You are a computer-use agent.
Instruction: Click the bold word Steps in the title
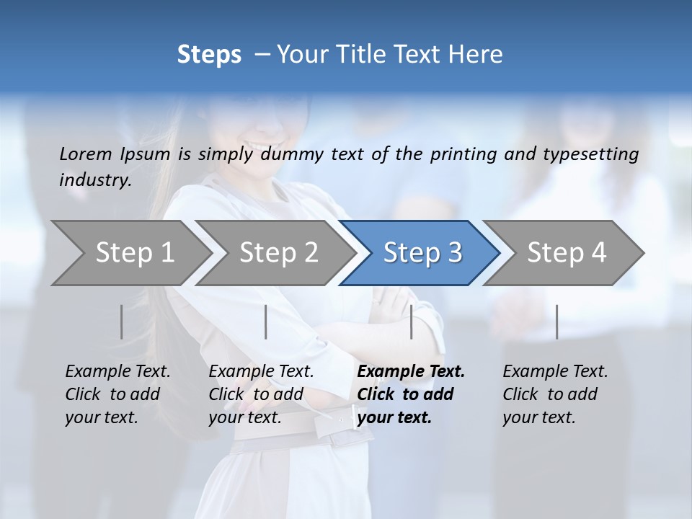[x=209, y=55]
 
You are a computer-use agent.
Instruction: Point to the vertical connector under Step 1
[x=122, y=321]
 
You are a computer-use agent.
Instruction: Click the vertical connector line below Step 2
[x=266, y=321]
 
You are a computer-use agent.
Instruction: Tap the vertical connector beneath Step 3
[x=412, y=321]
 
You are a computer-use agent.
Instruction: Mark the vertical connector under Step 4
[x=557, y=321]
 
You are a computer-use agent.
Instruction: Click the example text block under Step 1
[x=117, y=394]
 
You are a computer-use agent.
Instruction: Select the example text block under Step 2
[x=261, y=394]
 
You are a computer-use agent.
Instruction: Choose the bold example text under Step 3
[x=411, y=394]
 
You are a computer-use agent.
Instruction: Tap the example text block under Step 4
[x=555, y=394]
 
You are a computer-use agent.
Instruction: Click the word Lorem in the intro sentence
[x=85, y=154]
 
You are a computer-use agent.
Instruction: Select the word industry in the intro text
[x=94, y=180]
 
